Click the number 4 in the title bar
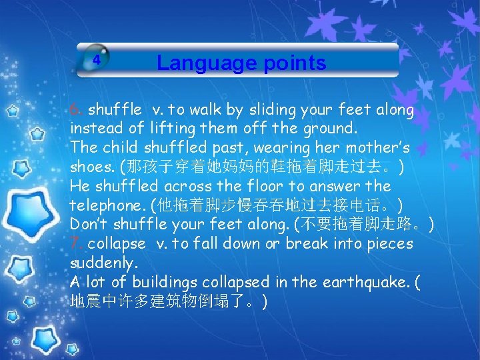click(97, 59)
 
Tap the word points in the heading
click(294, 63)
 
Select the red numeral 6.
click(77, 109)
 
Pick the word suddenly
click(102, 263)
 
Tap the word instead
click(95, 129)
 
